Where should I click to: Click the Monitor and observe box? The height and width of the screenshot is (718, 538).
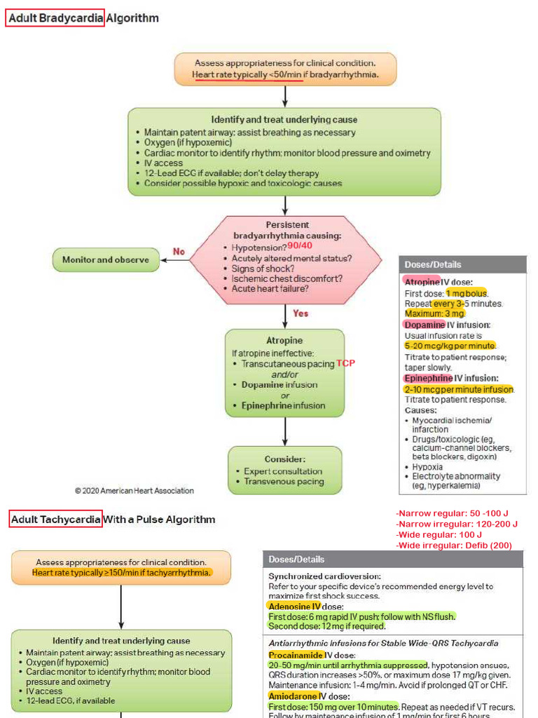[106, 260]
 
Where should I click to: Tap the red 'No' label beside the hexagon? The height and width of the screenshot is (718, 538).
[179, 252]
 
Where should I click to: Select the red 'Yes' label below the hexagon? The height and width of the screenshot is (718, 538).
[301, 313]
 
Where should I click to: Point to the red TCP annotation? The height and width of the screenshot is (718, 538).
[345, 363]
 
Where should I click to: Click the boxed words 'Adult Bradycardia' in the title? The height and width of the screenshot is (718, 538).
[55, 18]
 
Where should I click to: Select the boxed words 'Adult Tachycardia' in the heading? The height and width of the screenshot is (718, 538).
[56, 520]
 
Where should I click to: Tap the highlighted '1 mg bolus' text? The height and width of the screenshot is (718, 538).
[467, 293]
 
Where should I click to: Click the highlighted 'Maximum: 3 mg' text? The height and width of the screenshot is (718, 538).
[435, 313]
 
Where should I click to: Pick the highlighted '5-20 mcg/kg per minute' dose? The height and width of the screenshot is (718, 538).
[450, 346]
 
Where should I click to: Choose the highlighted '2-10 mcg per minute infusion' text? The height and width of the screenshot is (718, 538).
[459, 389]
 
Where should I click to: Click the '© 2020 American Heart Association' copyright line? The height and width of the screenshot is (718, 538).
[134, 491]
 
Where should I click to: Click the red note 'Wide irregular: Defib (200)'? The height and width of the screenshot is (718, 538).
[453, 546]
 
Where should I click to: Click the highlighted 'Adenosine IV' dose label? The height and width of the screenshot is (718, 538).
[294, 606]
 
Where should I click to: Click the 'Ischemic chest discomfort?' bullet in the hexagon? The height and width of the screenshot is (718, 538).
[287, 278]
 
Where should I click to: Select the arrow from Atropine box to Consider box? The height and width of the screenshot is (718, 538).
[285, 431]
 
